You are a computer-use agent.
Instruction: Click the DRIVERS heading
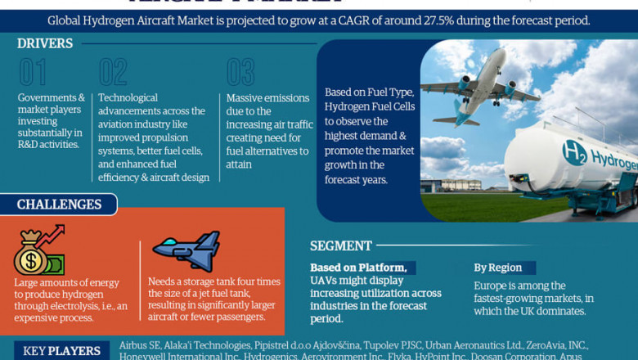tap(45, 43)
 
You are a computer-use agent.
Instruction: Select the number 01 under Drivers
tap(33, 73)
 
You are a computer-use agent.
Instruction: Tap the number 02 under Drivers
tap(113, 73)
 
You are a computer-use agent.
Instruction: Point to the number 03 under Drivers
tap(240, 73)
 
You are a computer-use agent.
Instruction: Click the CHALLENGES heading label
tap(59, 205)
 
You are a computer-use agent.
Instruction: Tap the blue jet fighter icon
tap(187, 250)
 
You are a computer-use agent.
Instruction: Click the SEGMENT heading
tap(341, 245)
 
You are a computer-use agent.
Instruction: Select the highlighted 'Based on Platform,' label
tap(358, 268)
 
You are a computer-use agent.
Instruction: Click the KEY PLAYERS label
tap(62, 351)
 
